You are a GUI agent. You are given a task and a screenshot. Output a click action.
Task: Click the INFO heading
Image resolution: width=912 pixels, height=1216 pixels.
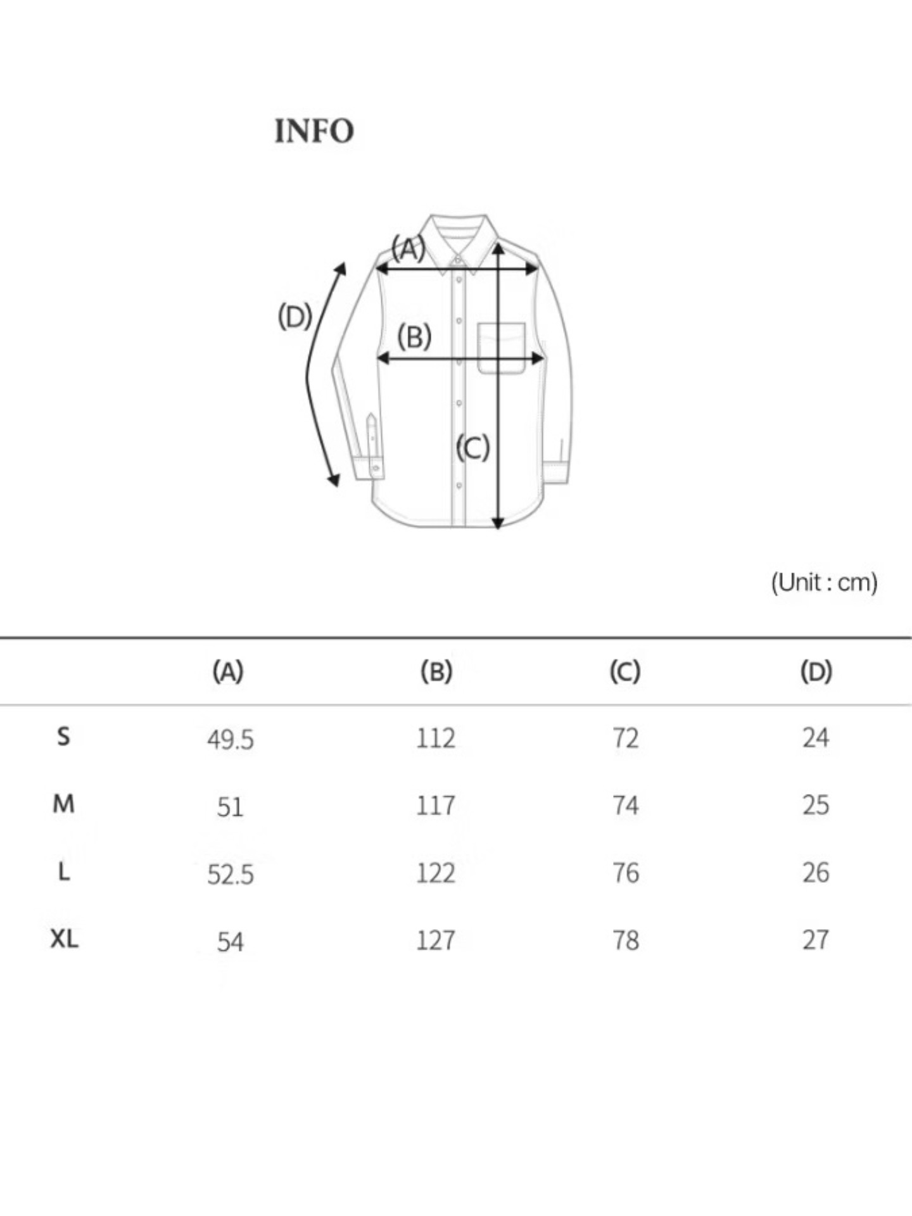coord(314,131)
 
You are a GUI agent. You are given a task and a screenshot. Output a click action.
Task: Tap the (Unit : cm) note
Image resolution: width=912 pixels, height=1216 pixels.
coord(824,582)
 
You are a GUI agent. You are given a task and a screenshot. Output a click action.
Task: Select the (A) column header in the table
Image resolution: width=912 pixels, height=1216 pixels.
coord(228,671)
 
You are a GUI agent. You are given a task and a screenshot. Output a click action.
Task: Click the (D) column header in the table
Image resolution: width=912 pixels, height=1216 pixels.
coord(816,671)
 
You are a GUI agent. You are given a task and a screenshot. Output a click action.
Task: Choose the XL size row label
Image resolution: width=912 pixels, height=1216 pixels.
coord(64,939)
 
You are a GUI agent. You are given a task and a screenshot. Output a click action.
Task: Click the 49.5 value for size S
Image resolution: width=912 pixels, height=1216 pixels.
coord(230,739)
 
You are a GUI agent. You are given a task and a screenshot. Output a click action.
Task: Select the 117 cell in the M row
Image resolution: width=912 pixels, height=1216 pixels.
coord(436,806)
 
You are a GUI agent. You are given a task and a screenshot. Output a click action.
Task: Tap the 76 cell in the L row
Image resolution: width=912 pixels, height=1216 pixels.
coord(625,873)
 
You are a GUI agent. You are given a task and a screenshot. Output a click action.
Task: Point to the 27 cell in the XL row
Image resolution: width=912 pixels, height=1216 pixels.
coord(815,940)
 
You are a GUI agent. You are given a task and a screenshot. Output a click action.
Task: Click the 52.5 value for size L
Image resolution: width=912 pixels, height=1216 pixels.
coord(230,875)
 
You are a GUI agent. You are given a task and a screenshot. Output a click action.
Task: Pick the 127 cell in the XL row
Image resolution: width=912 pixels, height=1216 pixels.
coord(436,940)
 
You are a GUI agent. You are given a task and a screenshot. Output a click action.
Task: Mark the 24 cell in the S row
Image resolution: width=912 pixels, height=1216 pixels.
coord(815,738)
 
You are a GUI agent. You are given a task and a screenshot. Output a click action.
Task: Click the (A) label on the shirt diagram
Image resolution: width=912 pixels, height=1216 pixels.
coord(408,248)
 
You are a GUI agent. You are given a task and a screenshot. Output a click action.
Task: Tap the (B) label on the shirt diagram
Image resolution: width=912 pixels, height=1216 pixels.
coord(414,336)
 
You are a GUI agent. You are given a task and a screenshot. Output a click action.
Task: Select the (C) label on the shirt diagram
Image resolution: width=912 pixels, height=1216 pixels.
coord(473,448)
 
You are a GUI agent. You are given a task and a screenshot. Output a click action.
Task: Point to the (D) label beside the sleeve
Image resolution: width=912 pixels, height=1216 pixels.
coord(295,317)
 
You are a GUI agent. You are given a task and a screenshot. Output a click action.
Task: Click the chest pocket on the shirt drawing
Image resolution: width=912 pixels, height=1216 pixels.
coord(502,348)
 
